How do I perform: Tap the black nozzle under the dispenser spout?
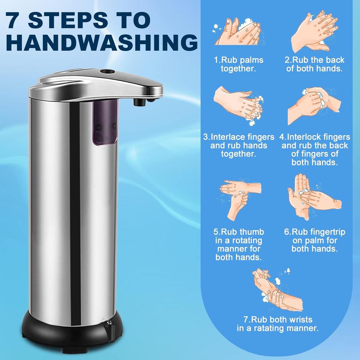[140, 102]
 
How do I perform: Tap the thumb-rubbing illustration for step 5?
[240, 199]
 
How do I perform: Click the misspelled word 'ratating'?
[271, 328]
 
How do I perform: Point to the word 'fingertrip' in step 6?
[324, 232]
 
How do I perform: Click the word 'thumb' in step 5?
[252, 232]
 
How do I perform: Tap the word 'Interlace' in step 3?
[229, 137]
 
